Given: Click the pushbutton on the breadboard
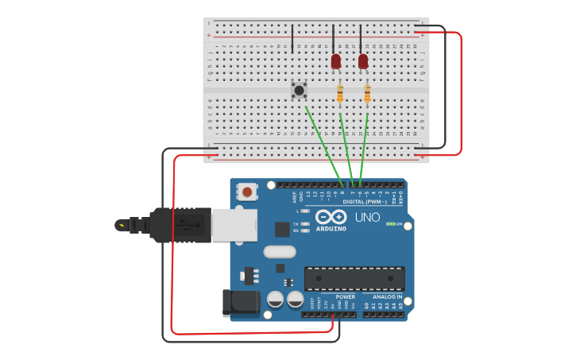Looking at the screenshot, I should click(299, 90).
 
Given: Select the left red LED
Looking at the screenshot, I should click(336, 61).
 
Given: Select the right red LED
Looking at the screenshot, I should click(363, 61).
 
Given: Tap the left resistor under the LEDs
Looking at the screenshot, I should click(340, 94).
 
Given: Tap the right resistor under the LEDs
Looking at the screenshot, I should click(367, 94).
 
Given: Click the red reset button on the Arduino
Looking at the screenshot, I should click(248, 192).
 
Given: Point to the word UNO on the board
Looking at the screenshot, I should click(367, 217).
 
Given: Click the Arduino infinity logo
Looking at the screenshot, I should click(331, 216).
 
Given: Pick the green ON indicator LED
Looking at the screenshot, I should click(389, 224).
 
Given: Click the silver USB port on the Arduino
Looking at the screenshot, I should click(234, 224).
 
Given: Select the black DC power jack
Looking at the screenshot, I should click(242, 303).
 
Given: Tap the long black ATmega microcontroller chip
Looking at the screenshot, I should click(354, 278).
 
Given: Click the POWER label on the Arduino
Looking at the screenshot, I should click(345, 296).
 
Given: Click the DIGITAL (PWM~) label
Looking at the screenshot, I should click(365, 201).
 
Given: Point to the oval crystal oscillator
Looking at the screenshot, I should click(280, 251).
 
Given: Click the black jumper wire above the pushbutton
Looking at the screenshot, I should click(292, 38).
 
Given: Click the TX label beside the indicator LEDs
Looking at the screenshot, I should click(296, 224).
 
